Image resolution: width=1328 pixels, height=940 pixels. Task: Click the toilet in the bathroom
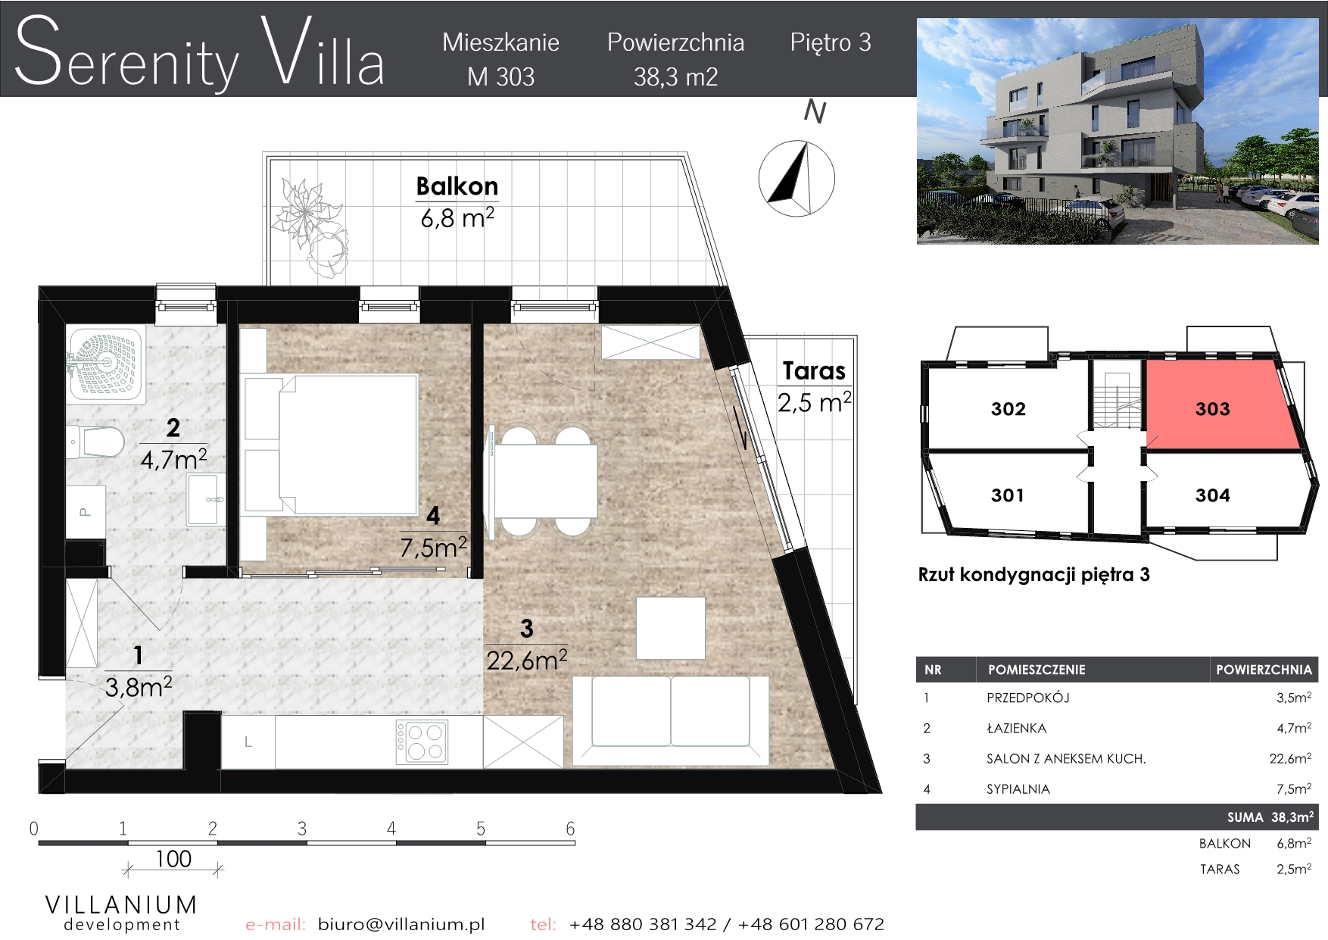point(95,441)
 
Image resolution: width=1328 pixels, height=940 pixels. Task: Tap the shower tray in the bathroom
point(104,362)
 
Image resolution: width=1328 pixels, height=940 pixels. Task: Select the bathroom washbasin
point(206,499)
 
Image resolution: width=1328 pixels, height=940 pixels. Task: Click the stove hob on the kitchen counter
point(422,742)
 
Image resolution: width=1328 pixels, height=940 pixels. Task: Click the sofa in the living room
point(671,719)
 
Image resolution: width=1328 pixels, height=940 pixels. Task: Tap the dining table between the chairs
point(545,481)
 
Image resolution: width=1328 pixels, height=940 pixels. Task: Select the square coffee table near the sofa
point(671,628)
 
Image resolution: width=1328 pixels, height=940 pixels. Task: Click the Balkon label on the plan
point(457,186)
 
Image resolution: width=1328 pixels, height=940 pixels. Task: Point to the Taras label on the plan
point(814,370)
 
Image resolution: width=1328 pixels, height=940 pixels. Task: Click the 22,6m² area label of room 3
point(527,660)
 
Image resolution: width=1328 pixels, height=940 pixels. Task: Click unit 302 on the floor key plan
point(1008,409)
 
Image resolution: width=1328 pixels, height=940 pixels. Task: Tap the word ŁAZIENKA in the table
point(1016,729)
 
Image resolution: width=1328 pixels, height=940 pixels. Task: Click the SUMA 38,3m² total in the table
point(1270,817)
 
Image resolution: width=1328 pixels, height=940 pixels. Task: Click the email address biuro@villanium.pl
point(401,924)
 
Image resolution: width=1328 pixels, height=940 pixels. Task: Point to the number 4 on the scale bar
point(391,829)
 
